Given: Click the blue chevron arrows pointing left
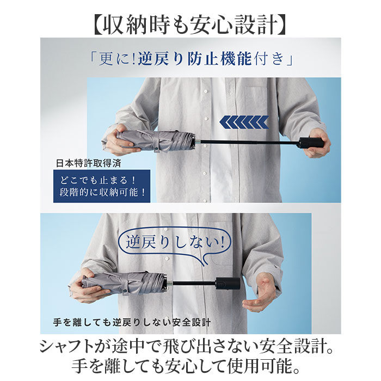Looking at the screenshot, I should click(244, 122).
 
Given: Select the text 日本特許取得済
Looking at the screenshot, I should click(89, 163).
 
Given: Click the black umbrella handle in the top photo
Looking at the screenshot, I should click(311, 143).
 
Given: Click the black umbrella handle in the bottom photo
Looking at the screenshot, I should click(228, 284).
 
